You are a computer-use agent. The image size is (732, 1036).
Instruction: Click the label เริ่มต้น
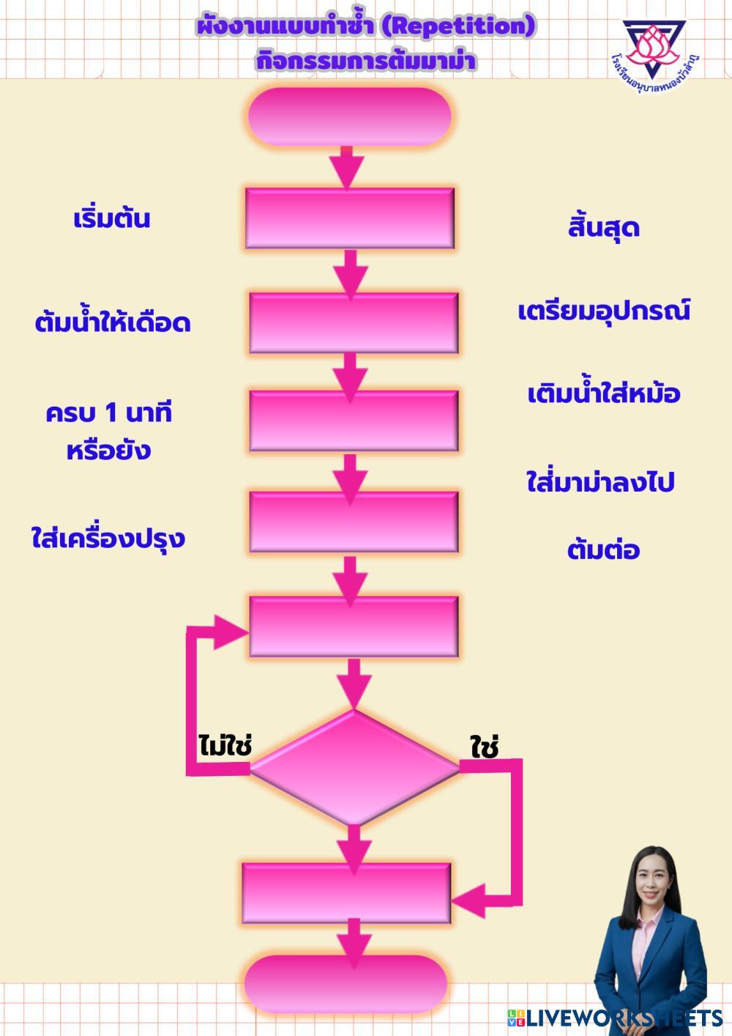[112, 219]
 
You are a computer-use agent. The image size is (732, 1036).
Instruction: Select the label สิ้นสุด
[603, 228]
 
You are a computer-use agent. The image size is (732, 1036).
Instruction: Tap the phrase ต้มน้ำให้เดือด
[113, 323]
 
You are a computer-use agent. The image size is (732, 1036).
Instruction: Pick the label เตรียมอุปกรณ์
[604, 311]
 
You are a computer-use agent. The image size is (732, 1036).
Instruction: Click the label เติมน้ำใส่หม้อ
[604, 394]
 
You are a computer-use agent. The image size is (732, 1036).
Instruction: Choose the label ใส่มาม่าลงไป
[600, 483]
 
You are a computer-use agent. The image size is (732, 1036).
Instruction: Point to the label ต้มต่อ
[603, 550]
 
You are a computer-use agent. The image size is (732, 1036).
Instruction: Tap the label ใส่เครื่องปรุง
[108, 539]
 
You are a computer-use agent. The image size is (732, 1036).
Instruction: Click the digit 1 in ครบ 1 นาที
[111, 413]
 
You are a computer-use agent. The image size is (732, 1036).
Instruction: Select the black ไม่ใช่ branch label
[225, 746]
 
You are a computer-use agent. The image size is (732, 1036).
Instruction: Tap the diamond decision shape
[354, 768]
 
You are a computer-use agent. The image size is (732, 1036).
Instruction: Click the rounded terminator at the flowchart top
[349, 116]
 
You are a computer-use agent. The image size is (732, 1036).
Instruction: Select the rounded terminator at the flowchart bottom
[346, 984]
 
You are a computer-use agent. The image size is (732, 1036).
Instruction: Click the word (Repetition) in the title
[460, 27]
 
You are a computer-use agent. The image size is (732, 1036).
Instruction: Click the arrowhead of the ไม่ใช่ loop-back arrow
[233, 631]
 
